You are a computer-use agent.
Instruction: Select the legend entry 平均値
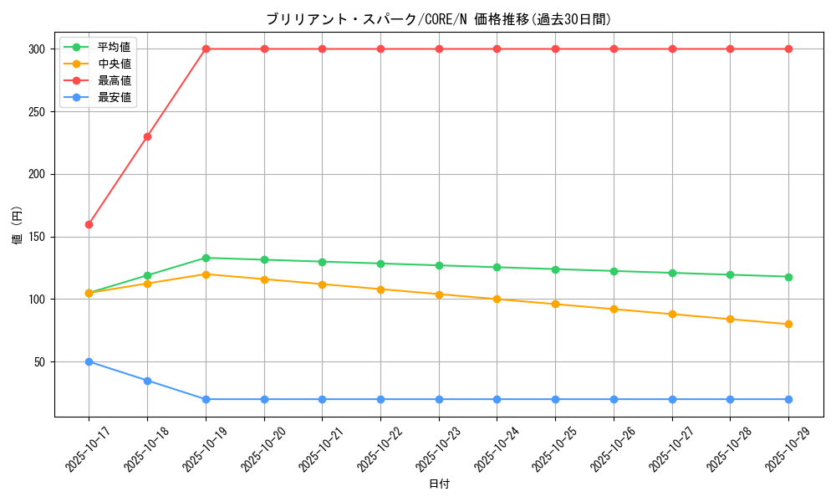point(114,47)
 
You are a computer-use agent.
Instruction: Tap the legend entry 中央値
point(114,64)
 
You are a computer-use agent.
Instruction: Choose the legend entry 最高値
point(114,80)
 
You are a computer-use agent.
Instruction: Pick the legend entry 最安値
point(114,97)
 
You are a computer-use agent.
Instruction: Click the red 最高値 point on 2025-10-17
point(89,224)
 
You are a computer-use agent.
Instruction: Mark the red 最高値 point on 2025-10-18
point(147,136)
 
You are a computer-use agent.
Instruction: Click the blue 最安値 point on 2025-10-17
point(89,361)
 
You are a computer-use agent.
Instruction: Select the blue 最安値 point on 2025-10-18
point(147,381)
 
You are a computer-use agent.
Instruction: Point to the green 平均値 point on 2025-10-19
point(206,258)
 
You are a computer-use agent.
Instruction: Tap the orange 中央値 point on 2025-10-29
point(788,324)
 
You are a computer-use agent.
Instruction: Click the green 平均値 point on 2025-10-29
point(788,277)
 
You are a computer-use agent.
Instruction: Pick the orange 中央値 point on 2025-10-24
point(497,299)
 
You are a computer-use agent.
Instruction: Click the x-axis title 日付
point(439,484)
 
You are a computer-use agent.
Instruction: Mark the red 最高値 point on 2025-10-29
point(788,49)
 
